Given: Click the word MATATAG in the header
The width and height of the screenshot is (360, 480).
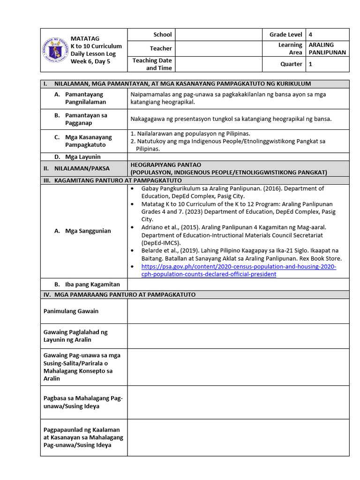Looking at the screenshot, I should tap(85, 38).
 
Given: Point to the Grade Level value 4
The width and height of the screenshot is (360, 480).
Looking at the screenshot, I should tap(311, 35).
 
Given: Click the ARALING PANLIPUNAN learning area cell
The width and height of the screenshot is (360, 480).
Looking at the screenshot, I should tap(327, 48).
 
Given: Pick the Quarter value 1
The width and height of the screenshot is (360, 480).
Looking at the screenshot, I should tap(310, 64).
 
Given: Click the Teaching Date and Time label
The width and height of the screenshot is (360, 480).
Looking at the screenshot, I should tap(152, 64).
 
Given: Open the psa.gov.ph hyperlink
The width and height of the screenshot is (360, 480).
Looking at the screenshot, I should tap(239, 270).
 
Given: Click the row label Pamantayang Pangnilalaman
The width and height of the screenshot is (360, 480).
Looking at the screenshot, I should tap(85, 98).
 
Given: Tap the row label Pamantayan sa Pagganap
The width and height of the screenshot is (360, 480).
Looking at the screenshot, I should tap(86, 119).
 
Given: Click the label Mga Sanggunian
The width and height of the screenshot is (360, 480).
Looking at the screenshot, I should tap(88, 231).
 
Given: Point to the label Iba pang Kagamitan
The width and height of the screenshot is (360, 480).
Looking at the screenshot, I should tap(92, 284).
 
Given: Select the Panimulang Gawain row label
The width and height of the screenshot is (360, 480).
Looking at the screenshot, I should tap(71, 311).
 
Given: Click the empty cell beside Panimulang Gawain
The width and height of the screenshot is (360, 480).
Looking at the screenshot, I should tap(238, 311).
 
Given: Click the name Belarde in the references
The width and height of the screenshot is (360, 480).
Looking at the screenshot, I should tap(152, 250).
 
